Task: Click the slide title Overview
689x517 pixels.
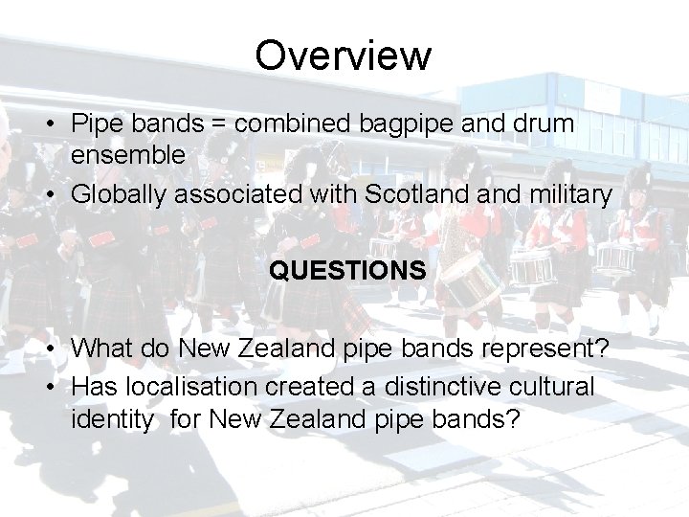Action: coord(344,56)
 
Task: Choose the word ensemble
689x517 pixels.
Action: coord(128,155)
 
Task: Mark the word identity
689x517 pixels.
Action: coord(110,419)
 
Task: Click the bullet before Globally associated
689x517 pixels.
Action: coord(57,195)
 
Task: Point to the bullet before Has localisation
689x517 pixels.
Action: coord(57,387)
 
